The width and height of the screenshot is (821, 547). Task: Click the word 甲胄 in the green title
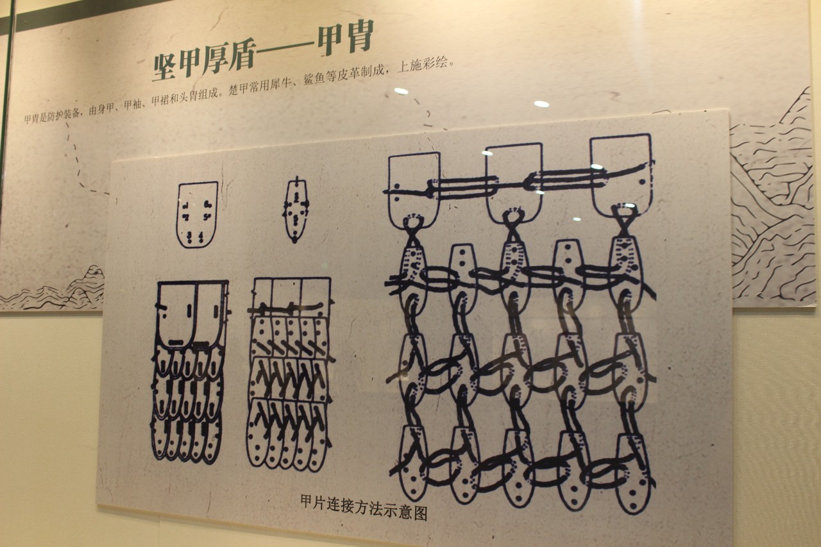tap(345, 38)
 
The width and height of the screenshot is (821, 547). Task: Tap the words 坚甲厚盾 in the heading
tap(204, 62)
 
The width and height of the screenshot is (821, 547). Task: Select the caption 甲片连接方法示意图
tap(364, 507)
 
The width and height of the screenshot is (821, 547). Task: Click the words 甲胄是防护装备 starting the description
tap(52, 116)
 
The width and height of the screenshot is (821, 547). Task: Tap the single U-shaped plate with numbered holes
tap(197, 215)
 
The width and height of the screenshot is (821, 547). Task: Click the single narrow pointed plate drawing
tap(296, 210)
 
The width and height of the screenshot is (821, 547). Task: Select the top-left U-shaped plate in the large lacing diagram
tap(414, 189)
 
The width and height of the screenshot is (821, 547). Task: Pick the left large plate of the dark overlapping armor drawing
tap(176, 314)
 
